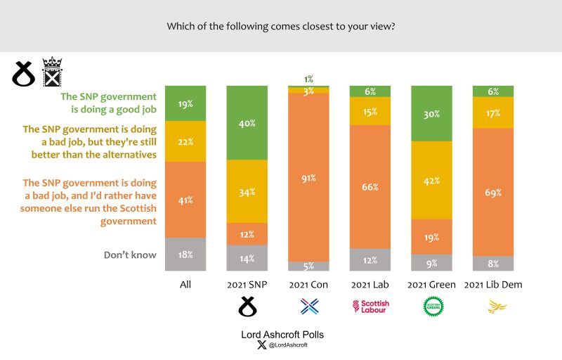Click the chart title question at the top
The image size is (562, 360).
click(x=281, y=27)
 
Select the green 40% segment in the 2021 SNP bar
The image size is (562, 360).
click(x=247, y=122)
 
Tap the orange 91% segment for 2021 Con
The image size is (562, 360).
click(x=308, y=177)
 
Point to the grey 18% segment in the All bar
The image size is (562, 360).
click(x=185, y=255)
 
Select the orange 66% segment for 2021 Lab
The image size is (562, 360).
click(x=370, y=187)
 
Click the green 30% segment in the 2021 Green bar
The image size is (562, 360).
click(x=432, y=113)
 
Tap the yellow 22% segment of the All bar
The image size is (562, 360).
click(x=185, y=141)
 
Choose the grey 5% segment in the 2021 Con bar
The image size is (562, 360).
click(x=308, y=266)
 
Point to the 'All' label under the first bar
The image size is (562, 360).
click(x=185, y=285)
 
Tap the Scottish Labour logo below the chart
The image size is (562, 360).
click(x=370, y=306)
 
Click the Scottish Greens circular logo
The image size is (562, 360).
click(x=432, y=306)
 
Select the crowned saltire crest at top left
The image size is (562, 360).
click(x=53, y=72)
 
